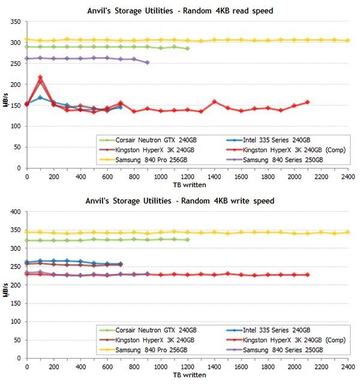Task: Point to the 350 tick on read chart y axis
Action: coord(15,22)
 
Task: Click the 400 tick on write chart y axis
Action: coord(15,212)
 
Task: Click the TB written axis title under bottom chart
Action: coord(187,375)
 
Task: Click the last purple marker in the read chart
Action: coord(147,62)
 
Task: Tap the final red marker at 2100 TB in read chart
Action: coord(308,102)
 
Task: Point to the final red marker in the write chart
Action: coord(308,275)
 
